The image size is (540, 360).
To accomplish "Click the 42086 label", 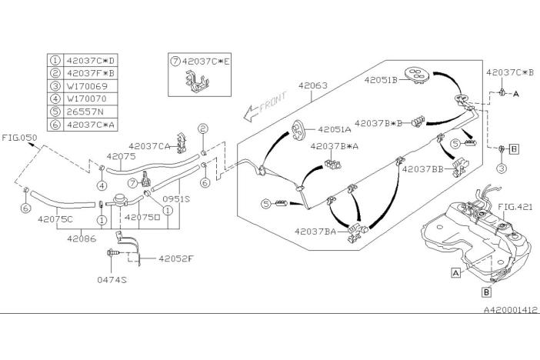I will pos(82,239).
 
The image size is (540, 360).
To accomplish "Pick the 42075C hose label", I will pos(55,218).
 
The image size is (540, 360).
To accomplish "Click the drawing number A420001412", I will pos(510,309).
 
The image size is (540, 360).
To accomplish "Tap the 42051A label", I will pos(330,130).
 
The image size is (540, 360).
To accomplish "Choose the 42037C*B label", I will pos(510,72).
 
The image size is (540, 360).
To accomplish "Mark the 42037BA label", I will pos(315,230).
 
